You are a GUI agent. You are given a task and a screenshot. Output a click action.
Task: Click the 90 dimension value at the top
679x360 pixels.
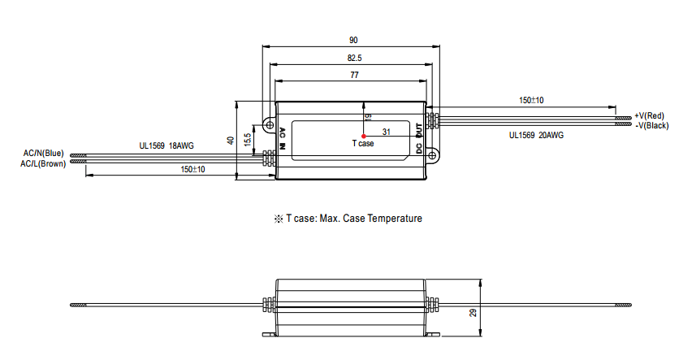[353, 41]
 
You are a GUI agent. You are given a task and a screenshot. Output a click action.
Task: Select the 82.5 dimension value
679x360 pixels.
[354, 58]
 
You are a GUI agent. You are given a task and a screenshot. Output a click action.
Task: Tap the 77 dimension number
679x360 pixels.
[354, 76]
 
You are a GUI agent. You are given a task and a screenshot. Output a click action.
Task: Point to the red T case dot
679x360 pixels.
[364, 136]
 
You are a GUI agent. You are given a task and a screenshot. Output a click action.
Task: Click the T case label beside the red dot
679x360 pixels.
[363, 143]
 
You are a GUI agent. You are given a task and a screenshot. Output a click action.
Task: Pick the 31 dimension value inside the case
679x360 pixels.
[387, 132]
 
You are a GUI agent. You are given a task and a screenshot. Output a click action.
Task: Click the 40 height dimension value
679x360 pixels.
[231, 141]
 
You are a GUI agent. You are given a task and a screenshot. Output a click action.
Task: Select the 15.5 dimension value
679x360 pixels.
[247, 140]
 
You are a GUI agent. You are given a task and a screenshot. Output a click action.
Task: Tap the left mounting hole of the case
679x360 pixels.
[270, 125]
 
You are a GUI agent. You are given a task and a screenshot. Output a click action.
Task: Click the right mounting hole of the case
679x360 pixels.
[431, 155]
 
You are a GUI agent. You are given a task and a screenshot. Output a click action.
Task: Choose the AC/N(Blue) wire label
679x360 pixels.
[43, 154]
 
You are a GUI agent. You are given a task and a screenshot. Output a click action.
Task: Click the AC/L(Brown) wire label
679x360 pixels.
[43, 164]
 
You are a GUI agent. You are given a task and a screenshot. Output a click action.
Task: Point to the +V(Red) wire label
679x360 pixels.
[649, 115]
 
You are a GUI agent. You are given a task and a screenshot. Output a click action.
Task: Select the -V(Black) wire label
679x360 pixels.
[651, 126]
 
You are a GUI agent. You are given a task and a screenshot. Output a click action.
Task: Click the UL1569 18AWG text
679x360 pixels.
[167, 146]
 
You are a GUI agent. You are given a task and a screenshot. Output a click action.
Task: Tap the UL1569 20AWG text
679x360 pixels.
[536, 135]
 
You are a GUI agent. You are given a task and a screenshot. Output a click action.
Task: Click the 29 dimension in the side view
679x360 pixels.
[473, 312]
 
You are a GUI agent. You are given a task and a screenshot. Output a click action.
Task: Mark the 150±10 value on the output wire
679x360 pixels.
[531, 101]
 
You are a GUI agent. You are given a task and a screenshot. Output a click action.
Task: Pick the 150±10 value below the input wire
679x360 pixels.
[192, 169]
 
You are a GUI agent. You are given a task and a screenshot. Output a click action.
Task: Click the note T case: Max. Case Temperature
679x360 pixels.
[348, 219]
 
